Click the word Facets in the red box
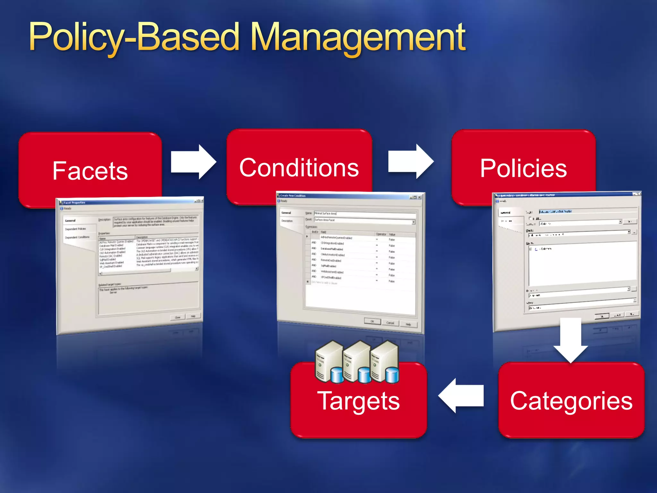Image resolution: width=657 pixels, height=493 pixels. (90, 171)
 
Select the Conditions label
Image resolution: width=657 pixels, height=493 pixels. (299, 168)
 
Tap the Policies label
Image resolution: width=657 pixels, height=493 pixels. (523, 169)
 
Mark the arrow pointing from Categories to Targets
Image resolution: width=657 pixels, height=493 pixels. (461, 395)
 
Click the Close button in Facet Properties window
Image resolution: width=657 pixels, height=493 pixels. (178, 317)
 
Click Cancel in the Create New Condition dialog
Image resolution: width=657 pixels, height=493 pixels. (390, 323)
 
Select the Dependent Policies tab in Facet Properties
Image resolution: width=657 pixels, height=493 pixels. (75, 229)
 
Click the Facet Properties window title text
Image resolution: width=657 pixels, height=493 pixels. (74, 203)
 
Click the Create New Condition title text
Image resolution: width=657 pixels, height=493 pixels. (293, 195)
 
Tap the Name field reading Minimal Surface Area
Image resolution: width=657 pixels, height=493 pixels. (364, 214)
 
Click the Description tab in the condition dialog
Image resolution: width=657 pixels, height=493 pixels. (287, 221)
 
